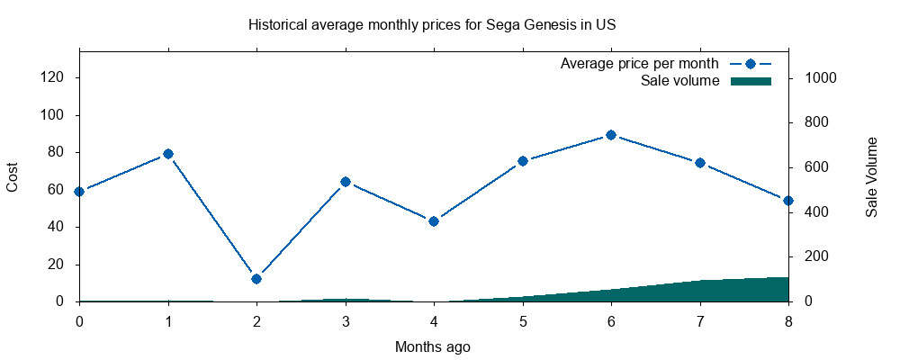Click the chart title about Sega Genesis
432,24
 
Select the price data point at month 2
256,279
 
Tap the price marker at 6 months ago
611,135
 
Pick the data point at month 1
167,154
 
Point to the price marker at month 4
434,221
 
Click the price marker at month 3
345,182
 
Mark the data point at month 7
699,163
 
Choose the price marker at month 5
522,161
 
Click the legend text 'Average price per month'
639,64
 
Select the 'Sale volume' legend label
679,81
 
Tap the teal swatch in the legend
751,81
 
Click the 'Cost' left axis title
13,176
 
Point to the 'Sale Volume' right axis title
871,176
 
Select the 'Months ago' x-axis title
432,346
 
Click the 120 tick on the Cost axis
53,78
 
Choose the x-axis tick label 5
522,319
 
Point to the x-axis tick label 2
256,319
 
